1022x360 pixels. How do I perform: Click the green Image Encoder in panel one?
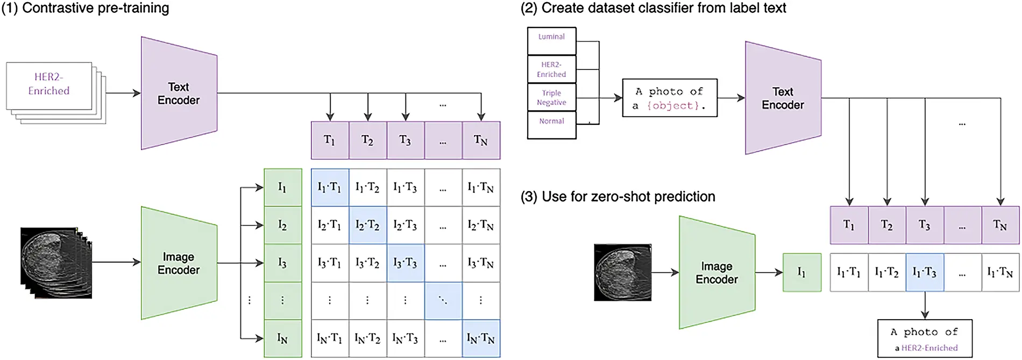pos(179,263)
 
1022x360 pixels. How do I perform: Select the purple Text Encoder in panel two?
pos(783,98)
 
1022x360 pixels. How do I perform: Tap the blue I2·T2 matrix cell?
pos(367,225)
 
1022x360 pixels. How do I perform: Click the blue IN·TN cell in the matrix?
pos(481,338)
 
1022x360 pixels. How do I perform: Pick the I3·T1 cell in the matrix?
pos(330,263)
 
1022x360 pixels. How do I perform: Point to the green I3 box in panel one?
pos(282,263)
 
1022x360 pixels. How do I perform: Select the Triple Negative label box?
pos(551,97)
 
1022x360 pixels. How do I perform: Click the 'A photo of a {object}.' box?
pos(669,98)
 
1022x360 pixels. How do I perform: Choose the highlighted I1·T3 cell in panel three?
pos(925,273)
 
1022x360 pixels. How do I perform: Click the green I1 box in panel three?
pos(801,273)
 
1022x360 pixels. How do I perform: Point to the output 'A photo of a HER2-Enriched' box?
pos(925,339)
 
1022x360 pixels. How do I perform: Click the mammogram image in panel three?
pos(622,272)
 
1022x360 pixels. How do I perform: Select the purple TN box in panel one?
pos(481,140)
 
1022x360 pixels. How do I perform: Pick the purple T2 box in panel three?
pos(886,225)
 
